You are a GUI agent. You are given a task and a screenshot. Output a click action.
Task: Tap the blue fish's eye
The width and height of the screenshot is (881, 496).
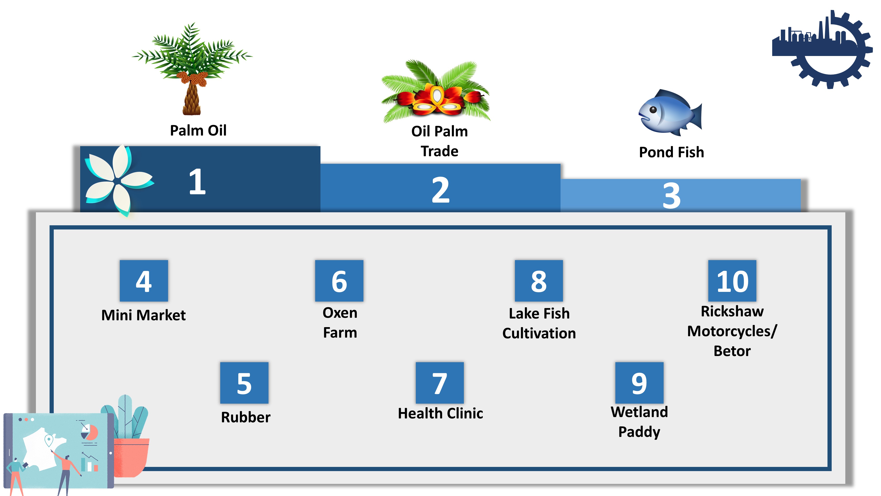[653, 110]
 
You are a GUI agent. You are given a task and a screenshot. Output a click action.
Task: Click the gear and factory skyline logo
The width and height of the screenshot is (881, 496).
[822, 49]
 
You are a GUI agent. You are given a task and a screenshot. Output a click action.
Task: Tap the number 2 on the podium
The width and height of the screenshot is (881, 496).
[440, 190]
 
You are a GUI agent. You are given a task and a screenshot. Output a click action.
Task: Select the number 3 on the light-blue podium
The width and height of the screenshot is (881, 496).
[671, 196]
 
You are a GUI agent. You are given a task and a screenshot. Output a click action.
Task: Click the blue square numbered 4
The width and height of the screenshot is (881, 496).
[144, 281]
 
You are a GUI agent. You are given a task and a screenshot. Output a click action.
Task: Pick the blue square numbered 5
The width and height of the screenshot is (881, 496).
[244, 383]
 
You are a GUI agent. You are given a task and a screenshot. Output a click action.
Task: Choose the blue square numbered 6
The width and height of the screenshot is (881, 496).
[339, 281]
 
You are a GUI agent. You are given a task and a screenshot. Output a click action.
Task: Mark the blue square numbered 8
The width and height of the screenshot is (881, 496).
[539, 281]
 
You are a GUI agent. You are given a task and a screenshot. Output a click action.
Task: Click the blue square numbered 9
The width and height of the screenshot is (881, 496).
[639, 383]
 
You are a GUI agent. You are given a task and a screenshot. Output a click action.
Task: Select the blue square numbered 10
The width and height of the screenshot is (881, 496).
[732, 281]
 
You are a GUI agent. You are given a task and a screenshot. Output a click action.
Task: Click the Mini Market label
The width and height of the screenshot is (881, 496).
[144, 315]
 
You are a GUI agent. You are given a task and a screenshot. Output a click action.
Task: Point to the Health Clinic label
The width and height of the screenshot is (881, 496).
[440, 413]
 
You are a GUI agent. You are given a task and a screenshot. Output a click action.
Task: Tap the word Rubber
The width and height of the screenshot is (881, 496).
[246, 417]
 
